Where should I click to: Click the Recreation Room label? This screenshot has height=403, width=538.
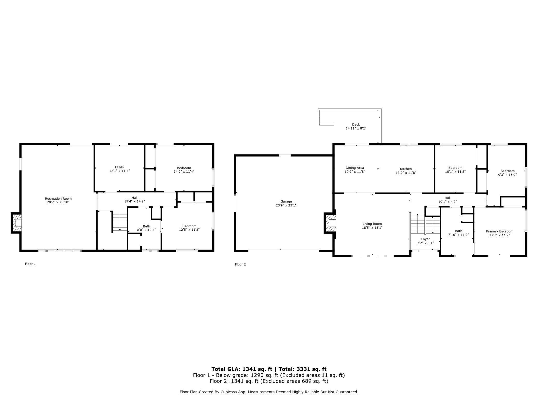(x=58, y=199)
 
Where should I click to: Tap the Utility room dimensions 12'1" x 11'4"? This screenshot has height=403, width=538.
(x=119, y=171)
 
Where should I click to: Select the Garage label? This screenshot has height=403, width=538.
(x=286, y=202)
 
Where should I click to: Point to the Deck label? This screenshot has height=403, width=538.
(x=356, y=125)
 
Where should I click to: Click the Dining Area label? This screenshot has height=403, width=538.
(x=355, y=168)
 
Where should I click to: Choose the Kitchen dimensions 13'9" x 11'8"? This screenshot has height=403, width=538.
(x=406, y=173)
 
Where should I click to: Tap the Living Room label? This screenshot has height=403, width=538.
(x=372, y=224)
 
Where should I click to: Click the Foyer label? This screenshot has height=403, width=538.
(x=425, y=239)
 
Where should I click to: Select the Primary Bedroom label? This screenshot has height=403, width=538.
(x=499, y=231)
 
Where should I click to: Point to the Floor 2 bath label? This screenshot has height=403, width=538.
(x=458, y=231)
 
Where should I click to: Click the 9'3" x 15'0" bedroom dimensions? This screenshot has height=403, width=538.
(x=507, y=175)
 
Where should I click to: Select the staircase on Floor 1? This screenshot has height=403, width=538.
(x=120, y=221)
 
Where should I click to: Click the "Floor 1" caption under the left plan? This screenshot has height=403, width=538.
(x=30, y=264)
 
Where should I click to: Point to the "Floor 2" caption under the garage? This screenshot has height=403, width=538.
(x=240, y=264)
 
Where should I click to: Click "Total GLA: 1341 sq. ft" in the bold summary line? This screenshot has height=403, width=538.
(x=242, y=369)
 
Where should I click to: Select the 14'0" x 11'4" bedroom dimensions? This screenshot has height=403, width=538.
(x=184, y=172)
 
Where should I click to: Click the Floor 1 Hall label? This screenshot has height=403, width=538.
(x=134, y=198)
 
